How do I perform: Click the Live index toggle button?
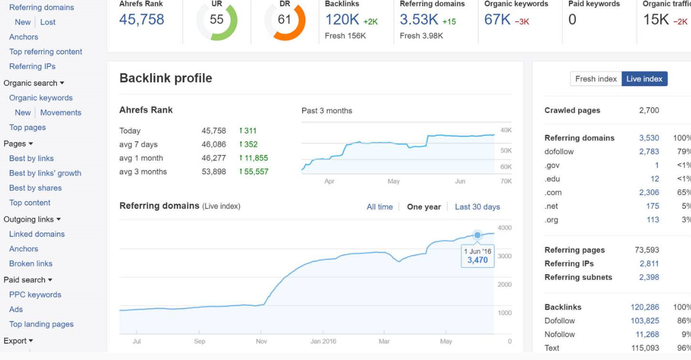[x=644, y=79]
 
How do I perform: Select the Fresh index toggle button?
[x=596, y=79]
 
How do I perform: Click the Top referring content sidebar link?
[x=45, y=51]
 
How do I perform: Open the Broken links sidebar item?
[x=31, y=263]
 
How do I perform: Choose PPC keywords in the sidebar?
[x=35, y=294]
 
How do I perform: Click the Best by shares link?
[x=35, y=188]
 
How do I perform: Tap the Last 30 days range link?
[x=477, y=207]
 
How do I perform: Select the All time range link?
[x=379, y=207]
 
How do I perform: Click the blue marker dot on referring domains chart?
[x=477, y=235]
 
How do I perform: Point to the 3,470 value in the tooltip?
[x=477, y=261]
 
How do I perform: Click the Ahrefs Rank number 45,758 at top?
[x=141, y=19]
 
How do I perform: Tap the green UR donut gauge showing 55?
[x=216, y=20]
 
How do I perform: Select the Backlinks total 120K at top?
[x=342, y=19]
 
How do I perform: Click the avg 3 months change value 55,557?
[x=255, y=171]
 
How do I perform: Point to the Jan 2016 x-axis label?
[x=323, y=341]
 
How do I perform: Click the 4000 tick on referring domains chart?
[x=505, y=228]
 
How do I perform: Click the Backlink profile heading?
[x=166, y=78]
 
